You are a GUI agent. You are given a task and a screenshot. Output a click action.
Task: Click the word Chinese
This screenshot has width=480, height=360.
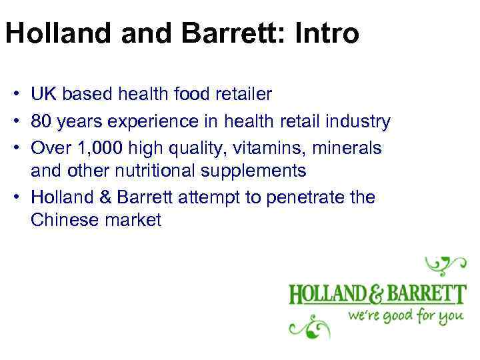coord(64,220)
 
